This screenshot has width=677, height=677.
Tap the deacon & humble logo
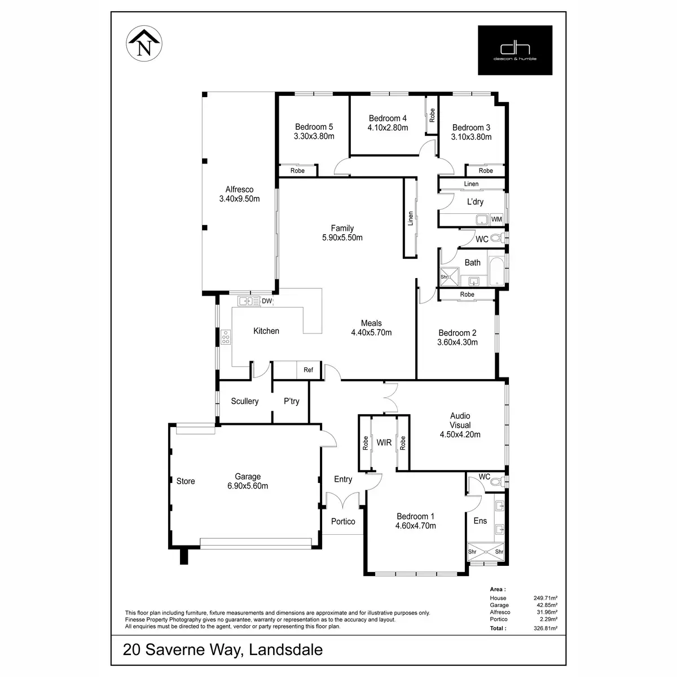(x=515, y=50)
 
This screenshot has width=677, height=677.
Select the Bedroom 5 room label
(x=314, y=127)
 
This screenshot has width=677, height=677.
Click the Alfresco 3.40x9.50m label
(x=239, y=194)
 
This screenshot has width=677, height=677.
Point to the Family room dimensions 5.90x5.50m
(x=342, y=238)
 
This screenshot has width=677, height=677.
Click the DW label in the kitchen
(x=267, y=301)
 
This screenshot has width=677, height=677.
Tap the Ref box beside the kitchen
(x=309, y=370)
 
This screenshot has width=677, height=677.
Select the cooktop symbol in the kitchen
(x=226, y=337)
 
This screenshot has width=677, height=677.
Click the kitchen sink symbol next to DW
(x=247, y=301)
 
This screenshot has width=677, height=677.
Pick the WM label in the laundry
(x=496, y=219)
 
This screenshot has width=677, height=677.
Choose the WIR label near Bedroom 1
(x=384, y=443)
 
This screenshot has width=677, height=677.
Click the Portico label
(x=343, y=521)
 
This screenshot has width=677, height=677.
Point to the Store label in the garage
(x=186, y=481)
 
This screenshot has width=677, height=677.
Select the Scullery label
(x=245, y=401)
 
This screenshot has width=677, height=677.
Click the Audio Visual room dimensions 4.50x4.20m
(x=460, y=434)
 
